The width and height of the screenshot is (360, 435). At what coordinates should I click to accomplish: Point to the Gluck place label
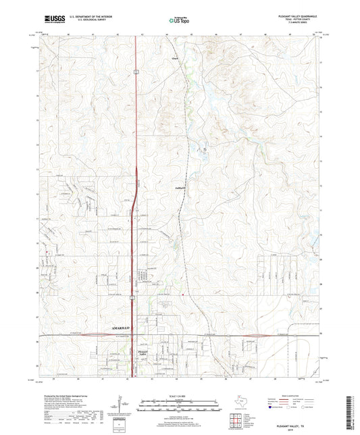175,59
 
